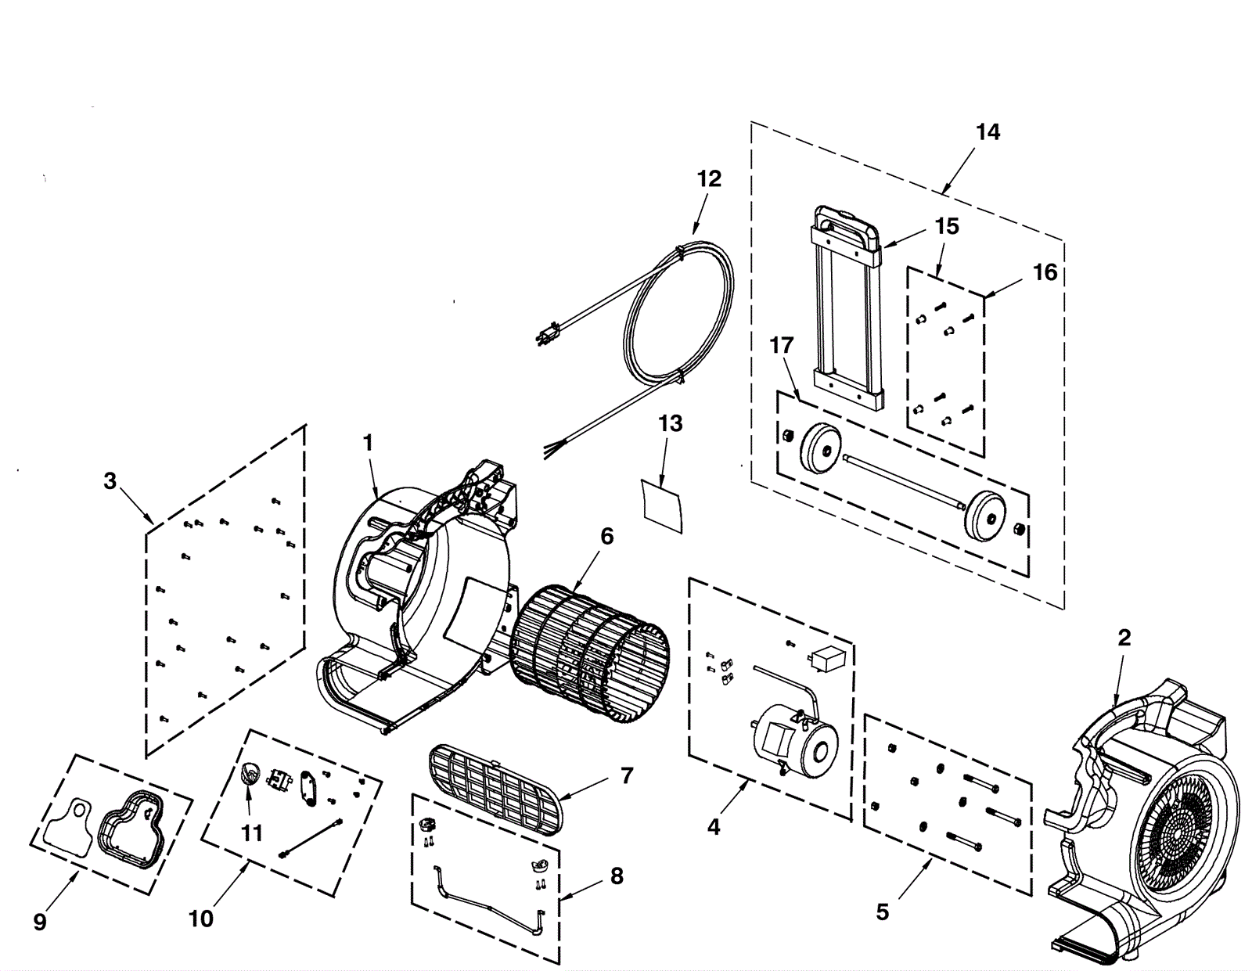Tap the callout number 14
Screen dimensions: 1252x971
click(988, 132)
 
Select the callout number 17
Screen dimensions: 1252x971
click(781, 346)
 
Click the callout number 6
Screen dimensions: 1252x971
click(606, 537)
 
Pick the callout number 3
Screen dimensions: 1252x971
click(110, 481)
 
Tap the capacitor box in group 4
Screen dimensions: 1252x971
click(827, 657)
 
